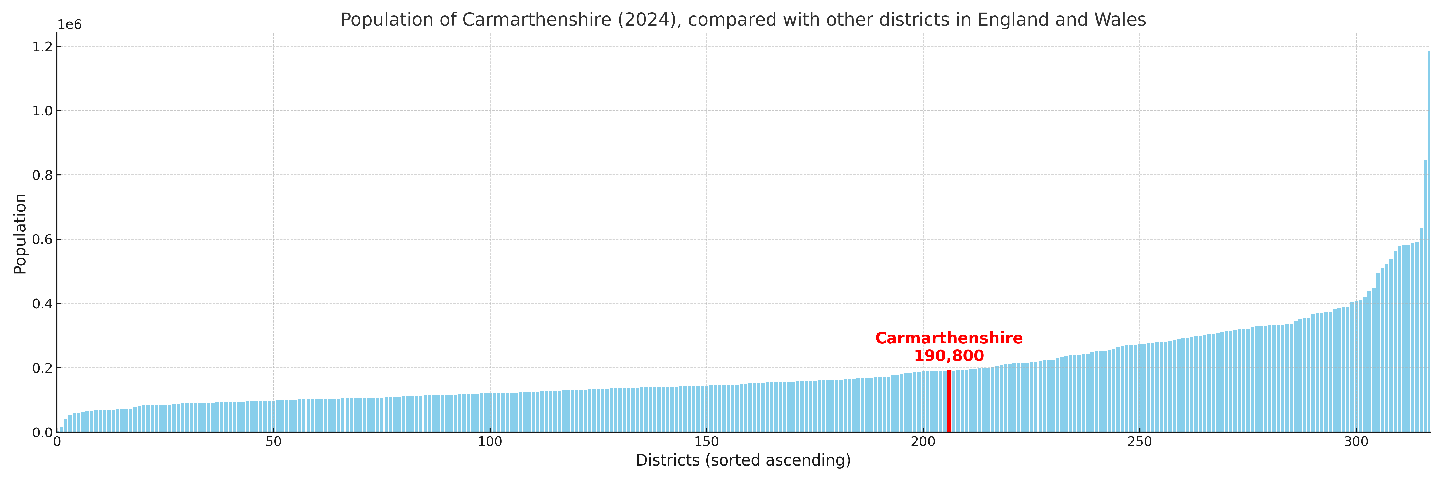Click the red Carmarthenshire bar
click(x=949, y=401)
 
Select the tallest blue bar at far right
click(x=1429, y=241)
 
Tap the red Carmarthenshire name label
click(x=949, y=338)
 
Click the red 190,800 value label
click(x=949, y=356)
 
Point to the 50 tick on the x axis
click(x=273, y=442)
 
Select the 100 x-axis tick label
click(x=490, y=442)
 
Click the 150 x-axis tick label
click(x=706, y=442)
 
